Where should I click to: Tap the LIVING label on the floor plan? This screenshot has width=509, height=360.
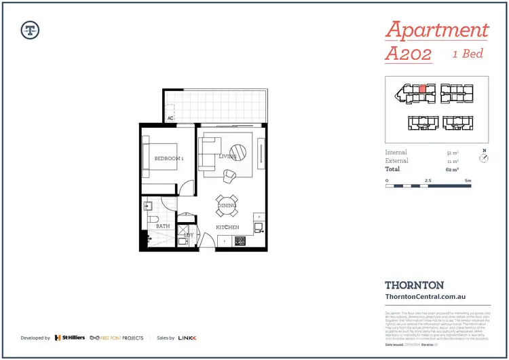coord(227,157)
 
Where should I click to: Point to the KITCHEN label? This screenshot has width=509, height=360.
coord(227,227)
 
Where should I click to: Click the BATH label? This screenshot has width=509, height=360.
coord(163,226)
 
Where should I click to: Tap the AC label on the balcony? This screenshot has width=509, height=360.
coord(170,118)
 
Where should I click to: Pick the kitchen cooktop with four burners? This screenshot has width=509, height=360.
coord(240,241)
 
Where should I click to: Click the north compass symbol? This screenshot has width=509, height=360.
coord(484,158)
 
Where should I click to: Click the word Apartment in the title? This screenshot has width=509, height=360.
coord(436,30)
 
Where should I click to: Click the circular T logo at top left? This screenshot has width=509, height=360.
coord(30,29)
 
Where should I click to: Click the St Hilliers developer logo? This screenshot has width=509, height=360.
coord(70,338)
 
